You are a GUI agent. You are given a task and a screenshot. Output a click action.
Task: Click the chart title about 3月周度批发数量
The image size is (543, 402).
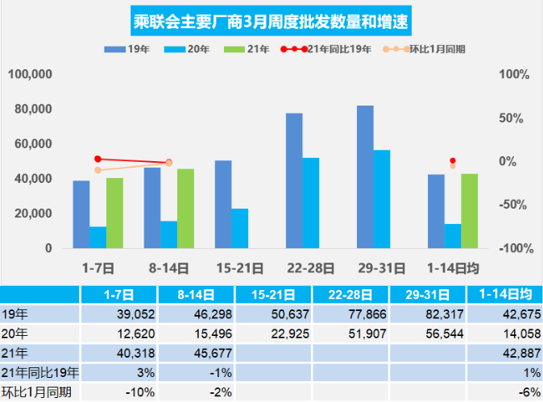pos(271,19)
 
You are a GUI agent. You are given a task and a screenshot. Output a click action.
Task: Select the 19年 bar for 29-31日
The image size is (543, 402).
pos(364,176)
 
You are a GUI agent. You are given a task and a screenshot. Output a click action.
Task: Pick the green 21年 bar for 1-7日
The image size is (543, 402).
pos(114,213)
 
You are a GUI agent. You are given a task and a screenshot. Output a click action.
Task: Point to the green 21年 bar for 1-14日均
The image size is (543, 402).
pos(469,210)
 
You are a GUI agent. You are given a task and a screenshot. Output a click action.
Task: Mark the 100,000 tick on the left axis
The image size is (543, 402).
pos(31,75)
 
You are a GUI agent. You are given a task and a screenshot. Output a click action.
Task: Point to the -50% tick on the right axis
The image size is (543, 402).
pos(514,205)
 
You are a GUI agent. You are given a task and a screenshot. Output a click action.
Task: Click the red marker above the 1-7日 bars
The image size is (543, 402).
pos(98,160)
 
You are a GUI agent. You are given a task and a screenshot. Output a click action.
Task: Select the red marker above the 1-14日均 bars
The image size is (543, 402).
pos(453,161)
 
